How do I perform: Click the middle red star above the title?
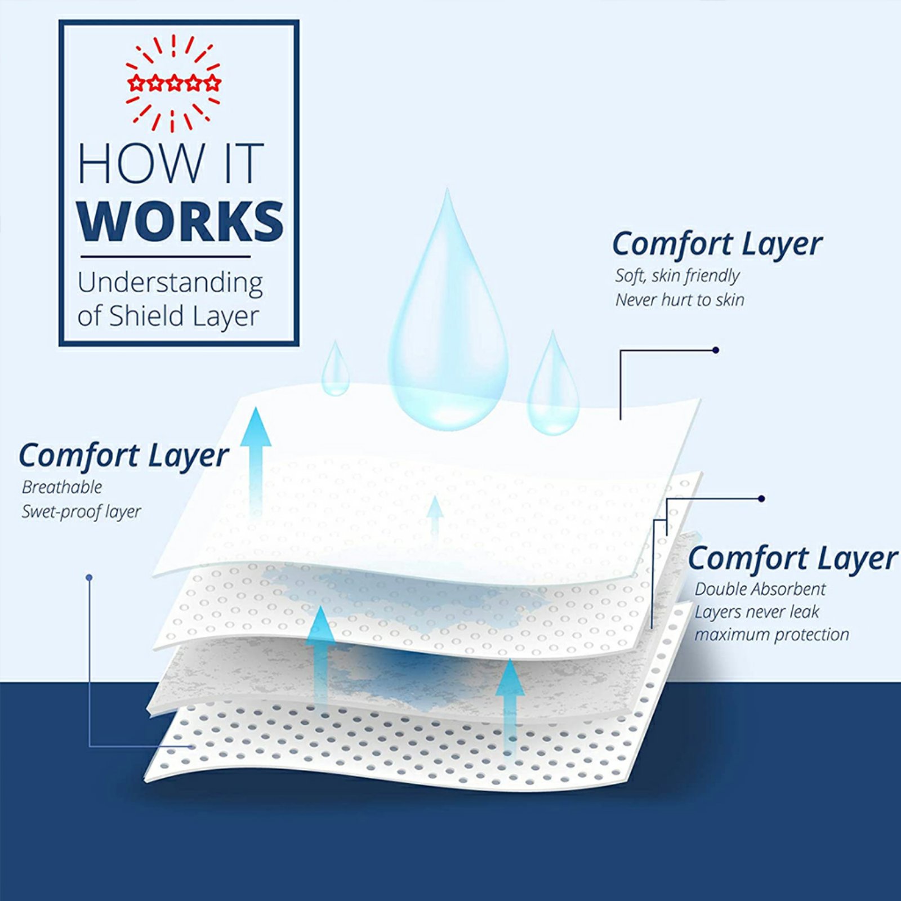(x=173, y=83)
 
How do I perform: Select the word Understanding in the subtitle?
(x=170, y=283)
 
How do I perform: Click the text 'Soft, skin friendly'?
(x=677, y=276)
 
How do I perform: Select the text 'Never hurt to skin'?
(x=679, y=300)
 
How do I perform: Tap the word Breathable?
(x=62, y=487)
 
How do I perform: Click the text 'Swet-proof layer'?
(x=81, y=512)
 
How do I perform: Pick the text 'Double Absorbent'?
(x=760, y=589)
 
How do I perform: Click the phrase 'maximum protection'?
(x=771, y=635)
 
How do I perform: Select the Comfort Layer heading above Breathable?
(x=123, y=456)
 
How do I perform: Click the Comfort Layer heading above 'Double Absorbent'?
(x=792, y=559)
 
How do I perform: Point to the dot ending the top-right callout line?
(x=715, y=350)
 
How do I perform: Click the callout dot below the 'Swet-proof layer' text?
(x=89, y=578)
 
